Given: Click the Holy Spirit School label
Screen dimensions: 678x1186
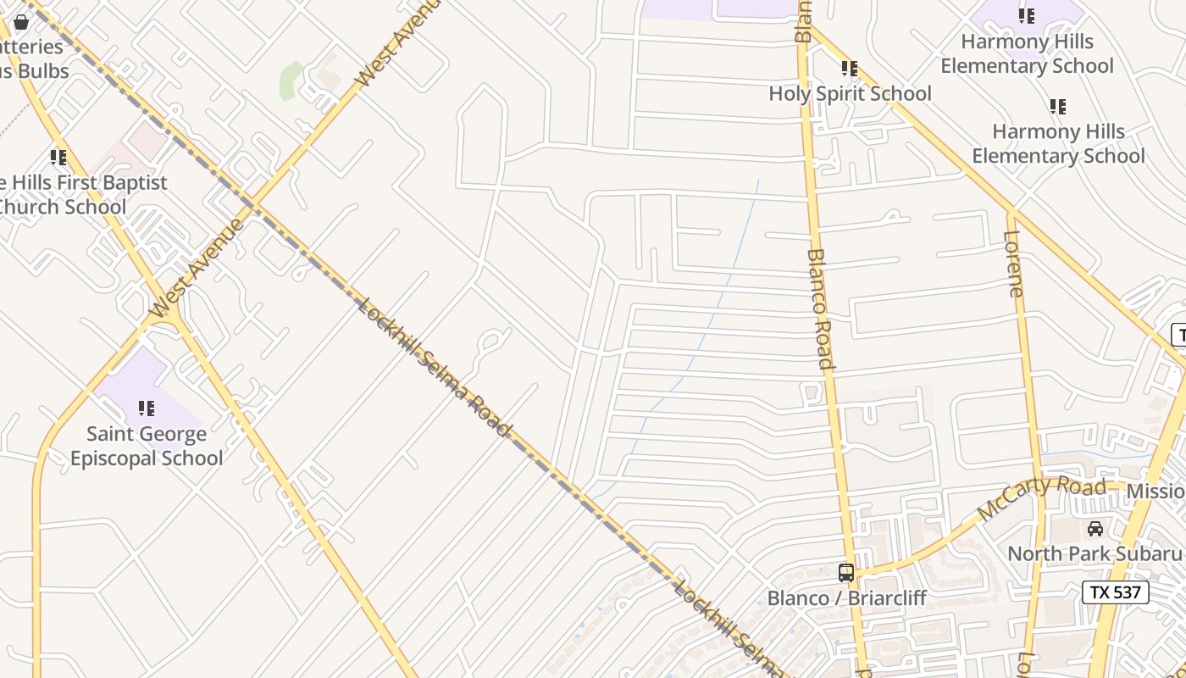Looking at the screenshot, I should coord(850,93).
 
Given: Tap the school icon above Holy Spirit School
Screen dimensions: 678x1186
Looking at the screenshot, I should coord(850,69).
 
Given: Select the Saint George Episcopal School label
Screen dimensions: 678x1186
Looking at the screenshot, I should coord(147,446).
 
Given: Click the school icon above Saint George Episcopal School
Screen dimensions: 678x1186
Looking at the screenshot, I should coord(147,409).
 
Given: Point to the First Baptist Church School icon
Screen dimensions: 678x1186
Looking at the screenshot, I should coord(58,158).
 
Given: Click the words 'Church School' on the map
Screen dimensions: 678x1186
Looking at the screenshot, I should coord(64,207).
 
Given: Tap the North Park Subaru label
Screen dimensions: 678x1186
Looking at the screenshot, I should coord(1094,553).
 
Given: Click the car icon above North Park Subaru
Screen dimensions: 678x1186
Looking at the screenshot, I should coord(1095,529).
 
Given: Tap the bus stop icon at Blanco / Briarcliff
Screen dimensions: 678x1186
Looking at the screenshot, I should coord(845,573).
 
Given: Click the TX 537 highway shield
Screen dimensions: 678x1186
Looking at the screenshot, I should coord(1115,592).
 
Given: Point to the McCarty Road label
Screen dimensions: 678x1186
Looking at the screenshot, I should coord(1041,499).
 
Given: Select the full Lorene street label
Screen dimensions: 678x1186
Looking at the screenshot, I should coord(1014,264).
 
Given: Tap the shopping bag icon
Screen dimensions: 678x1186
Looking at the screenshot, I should coord(21,22).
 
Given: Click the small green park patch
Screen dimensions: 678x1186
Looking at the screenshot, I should coord(291,79).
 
